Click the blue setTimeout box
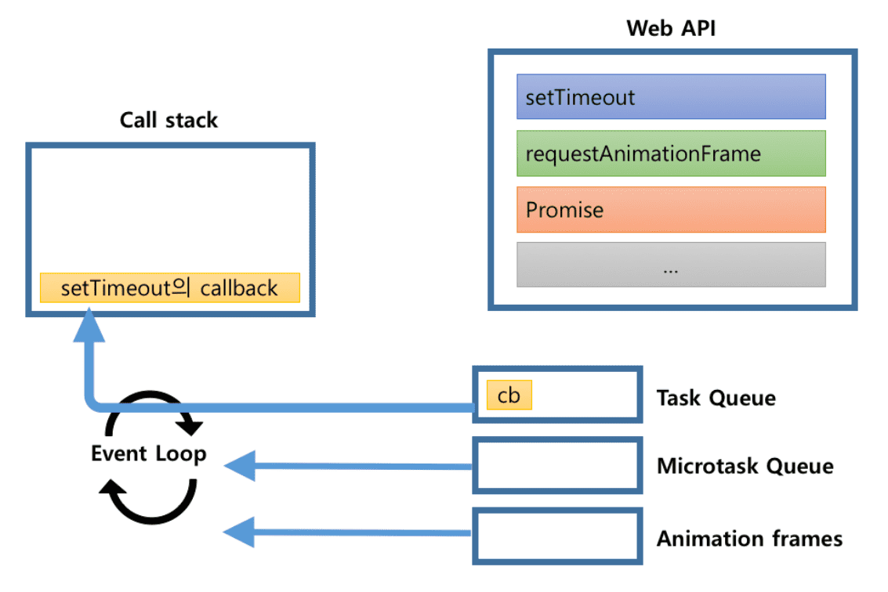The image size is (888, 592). point(671,96)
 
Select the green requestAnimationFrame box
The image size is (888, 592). point(671,153)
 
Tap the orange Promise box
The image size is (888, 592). point(671,209)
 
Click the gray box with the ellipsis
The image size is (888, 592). point(671,265)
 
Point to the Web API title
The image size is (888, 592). point(671,29)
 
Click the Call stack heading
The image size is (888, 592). point(169,120)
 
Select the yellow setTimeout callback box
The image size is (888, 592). point(169,287)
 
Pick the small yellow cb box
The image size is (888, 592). point(509,395)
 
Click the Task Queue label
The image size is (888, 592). point(716,398)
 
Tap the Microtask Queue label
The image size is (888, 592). point(745,467)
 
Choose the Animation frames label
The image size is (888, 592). point(749,539)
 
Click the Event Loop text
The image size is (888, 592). point(149,453)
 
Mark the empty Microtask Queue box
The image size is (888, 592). point(557,465)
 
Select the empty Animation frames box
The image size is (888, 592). point(557,536)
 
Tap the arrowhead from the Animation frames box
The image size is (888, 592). point(240,533)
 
